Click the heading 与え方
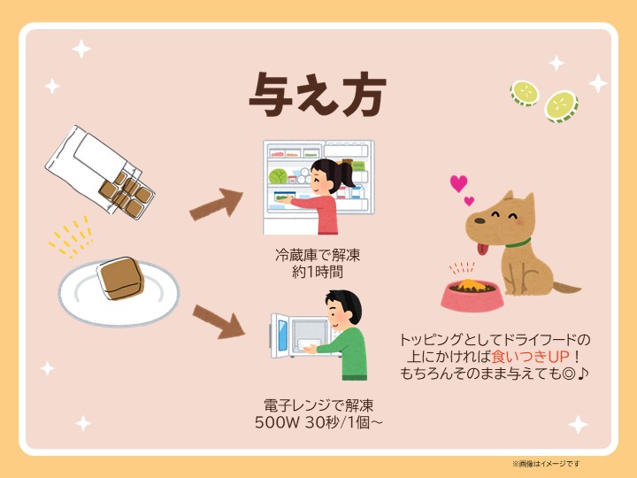318,95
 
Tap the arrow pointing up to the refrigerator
216,204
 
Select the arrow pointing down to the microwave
219,322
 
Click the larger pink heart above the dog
458,183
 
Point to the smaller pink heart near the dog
469,201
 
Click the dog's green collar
518,243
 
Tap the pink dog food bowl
472,296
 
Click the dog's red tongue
482,249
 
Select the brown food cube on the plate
120,279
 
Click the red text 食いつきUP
530,357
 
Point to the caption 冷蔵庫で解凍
318,255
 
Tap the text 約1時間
318,272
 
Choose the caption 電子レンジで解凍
318,405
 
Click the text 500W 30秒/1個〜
318,422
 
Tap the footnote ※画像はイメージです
546,463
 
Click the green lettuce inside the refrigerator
278,176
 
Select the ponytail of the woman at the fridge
346,174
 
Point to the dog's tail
566,288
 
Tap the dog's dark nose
480,220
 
